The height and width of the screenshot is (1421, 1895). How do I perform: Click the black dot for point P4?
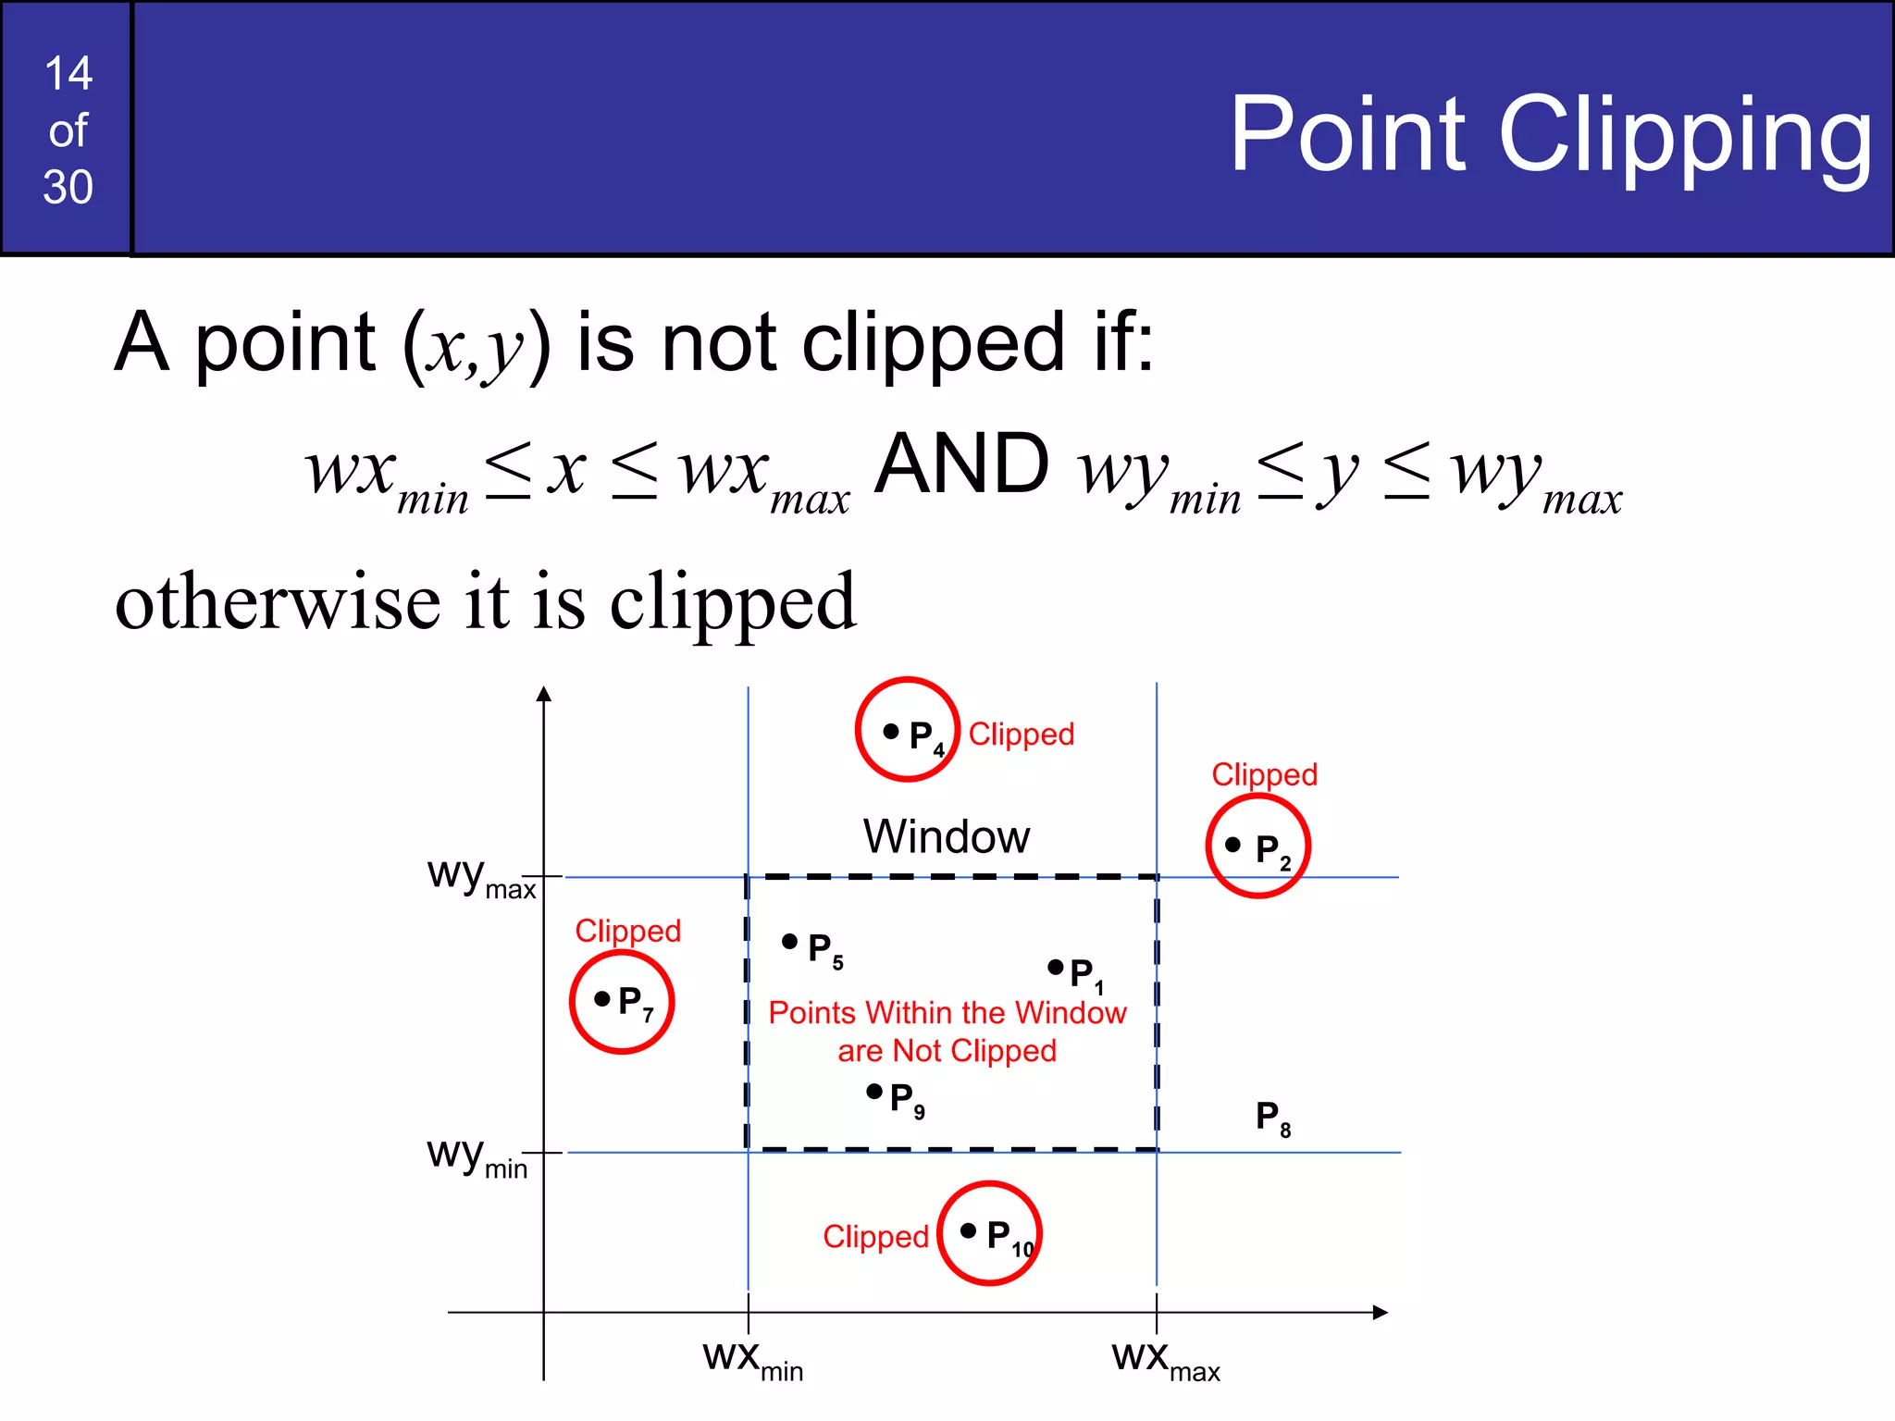point(890,731)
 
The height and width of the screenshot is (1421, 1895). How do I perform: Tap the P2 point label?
point(1271,850)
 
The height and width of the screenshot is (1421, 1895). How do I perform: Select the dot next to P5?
point(789,941)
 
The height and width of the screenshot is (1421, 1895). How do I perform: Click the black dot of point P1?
point(1055,967)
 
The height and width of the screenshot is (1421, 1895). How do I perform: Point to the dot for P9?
point(873,1092)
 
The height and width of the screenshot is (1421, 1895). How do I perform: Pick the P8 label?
point(1272,1118)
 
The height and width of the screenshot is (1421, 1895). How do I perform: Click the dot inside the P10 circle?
point(968,1230)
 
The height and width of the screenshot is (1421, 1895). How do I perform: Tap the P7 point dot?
point(601,998)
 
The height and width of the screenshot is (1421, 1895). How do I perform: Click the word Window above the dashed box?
point(946,836)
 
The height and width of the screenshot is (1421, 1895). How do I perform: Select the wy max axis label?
point(480,876)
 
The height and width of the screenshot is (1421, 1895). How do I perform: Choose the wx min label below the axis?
point(751,1360)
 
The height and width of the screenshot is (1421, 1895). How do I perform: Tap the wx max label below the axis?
point(1165,1360)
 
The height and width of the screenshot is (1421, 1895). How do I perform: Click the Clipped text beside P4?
point(1021,734)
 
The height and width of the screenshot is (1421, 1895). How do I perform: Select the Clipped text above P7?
point(627,930)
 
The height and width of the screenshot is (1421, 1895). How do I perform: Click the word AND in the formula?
point(961,464)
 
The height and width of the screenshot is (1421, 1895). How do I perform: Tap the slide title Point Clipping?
point(1550,136)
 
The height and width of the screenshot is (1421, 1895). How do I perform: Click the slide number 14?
point(68,73)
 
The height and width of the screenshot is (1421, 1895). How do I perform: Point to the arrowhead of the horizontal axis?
point(1381,1312)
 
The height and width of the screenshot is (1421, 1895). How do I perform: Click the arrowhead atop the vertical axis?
point(544,694)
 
